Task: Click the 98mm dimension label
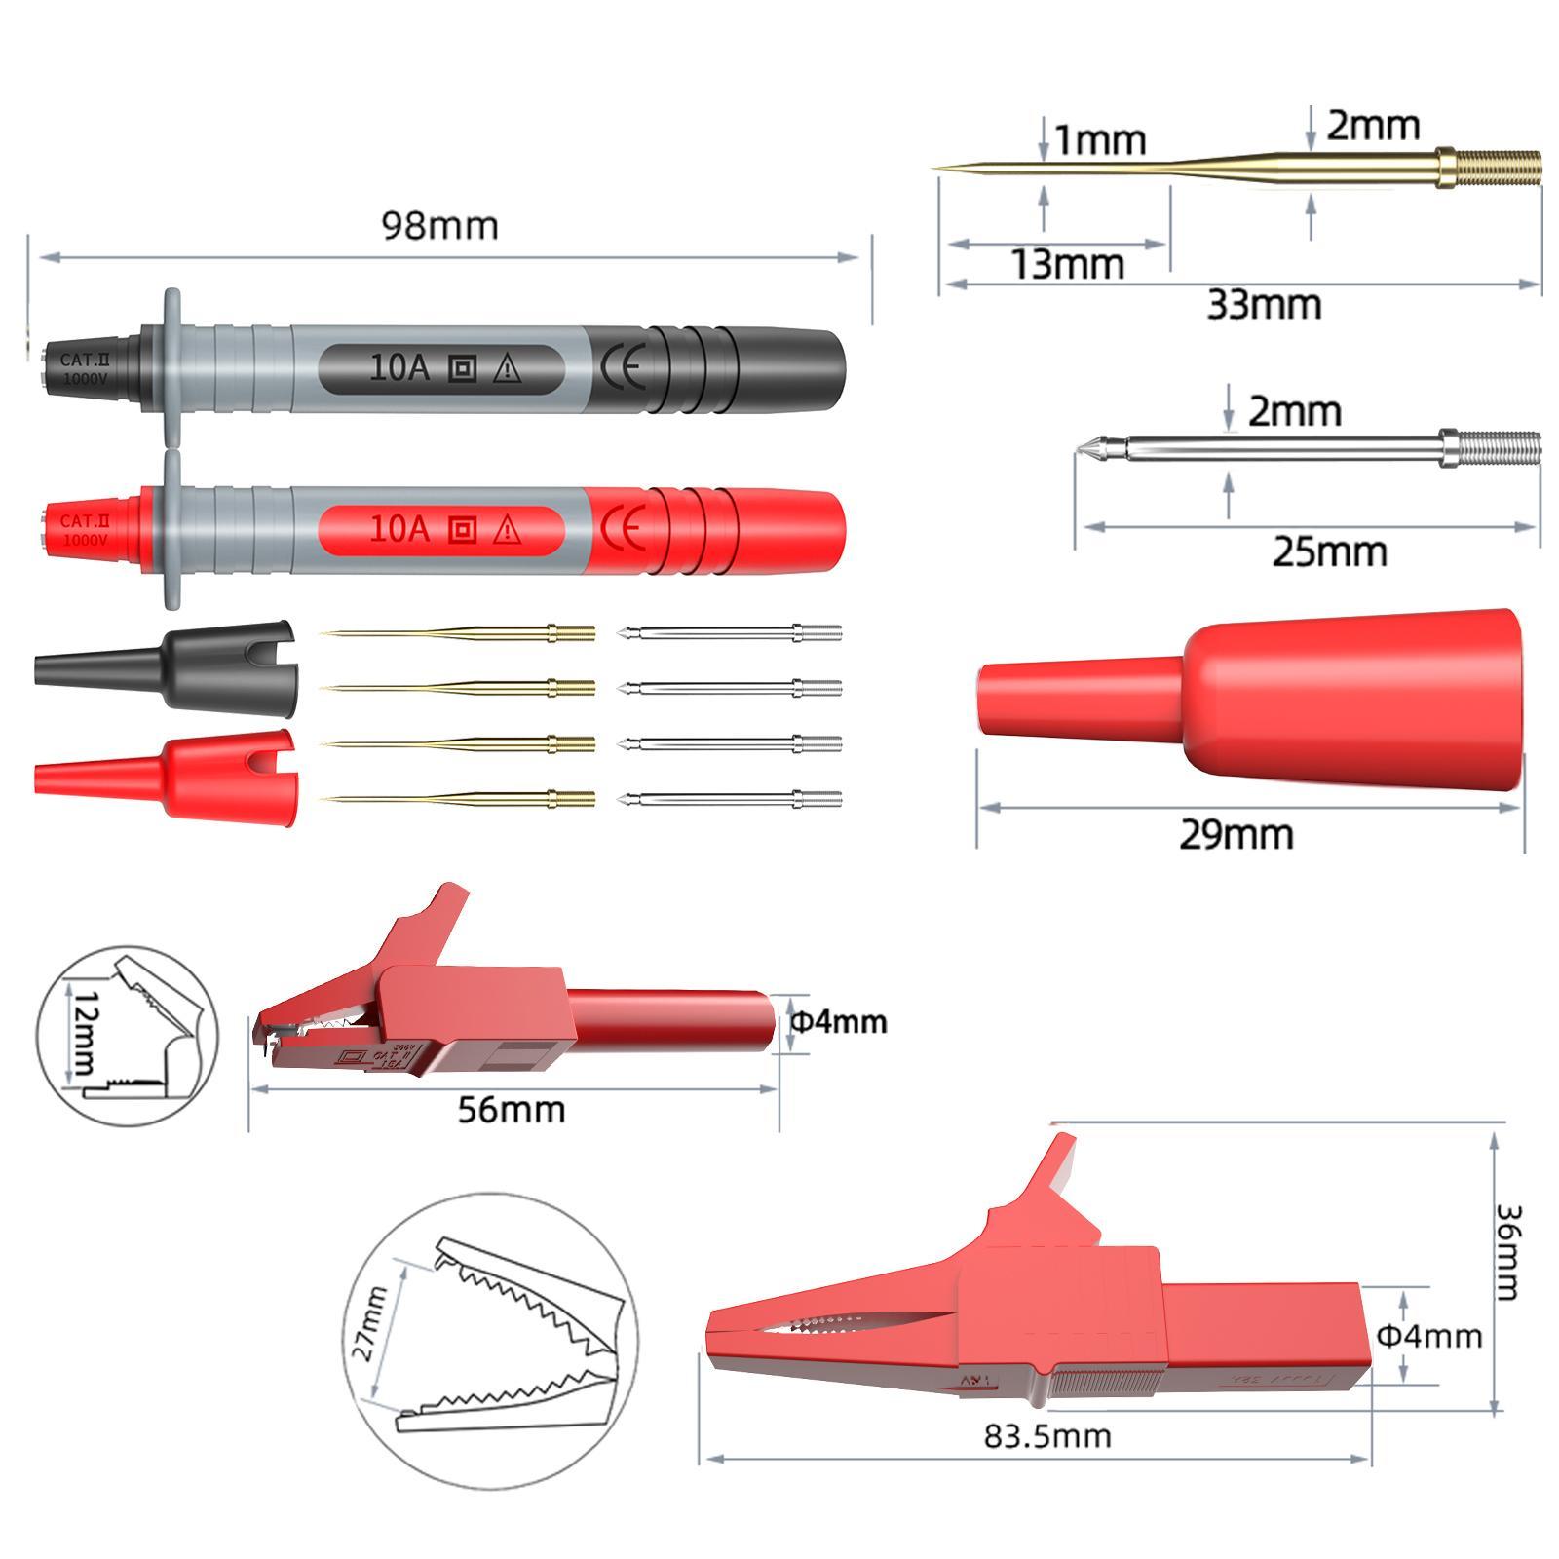pyautogui.click(x=439, y=226)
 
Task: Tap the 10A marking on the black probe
pyautogui.click(x=399, y=367)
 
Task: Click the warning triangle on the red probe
pyautogui.click(x=507, y=530)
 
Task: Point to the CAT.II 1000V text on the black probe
pyautogui.click(x=85, y=369)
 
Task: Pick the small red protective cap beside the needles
pyautogui.click(x=166, y=776)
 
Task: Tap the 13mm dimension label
pyautogui.click(x=1067, y=264)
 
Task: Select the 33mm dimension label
pyautogui.click(x=1264, y=305)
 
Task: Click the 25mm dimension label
pyautogui.click(x=1329, y=552)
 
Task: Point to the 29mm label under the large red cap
pyautogui.click(x=1236, y=835)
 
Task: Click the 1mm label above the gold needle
pyautogui.click(x=1100, y=141)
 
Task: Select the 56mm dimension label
pyautogui.click(x=512, y=1109)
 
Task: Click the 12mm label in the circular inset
pyautogui.click(x=83, y=1033)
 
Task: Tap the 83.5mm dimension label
pyautogui.click(x=1046, y=1435)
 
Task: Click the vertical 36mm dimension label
pyautogui.click(x=1506, y=1252)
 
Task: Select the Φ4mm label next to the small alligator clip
pyautogui.click(x=838, y=1021)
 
